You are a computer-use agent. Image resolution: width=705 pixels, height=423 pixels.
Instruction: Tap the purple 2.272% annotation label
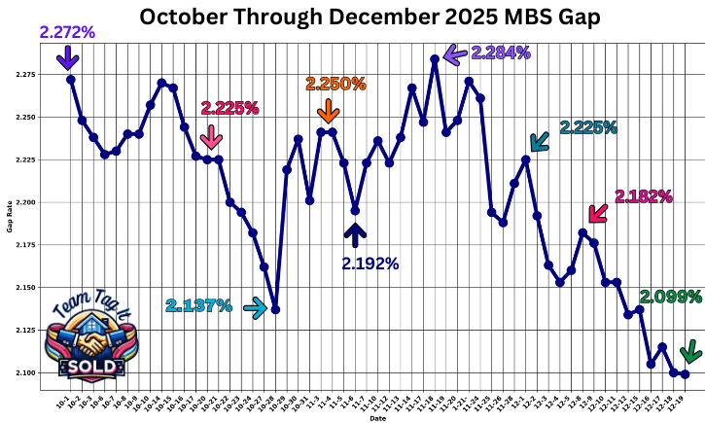coord(67,32)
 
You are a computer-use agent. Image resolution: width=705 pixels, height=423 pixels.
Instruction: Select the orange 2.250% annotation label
coord(335,84)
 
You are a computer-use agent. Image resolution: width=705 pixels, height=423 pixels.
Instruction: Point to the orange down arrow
coord(328,109)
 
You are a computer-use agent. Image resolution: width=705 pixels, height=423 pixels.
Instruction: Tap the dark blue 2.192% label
coord(370,263)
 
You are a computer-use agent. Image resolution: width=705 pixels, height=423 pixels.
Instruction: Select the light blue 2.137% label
coord(198,306)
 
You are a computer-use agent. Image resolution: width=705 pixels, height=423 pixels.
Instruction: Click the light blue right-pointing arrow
coord(255,308)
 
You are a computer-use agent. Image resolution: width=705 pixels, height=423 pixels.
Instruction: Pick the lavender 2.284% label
coord(501,52)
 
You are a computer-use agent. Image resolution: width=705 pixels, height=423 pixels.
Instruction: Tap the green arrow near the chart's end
coord(690,350)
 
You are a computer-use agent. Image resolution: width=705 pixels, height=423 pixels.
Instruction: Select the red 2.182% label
coord(644,196)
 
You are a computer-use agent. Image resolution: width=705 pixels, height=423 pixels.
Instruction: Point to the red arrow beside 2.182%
coord(598,212)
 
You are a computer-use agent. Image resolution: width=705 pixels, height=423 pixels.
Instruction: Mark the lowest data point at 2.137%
coord(276,309)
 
